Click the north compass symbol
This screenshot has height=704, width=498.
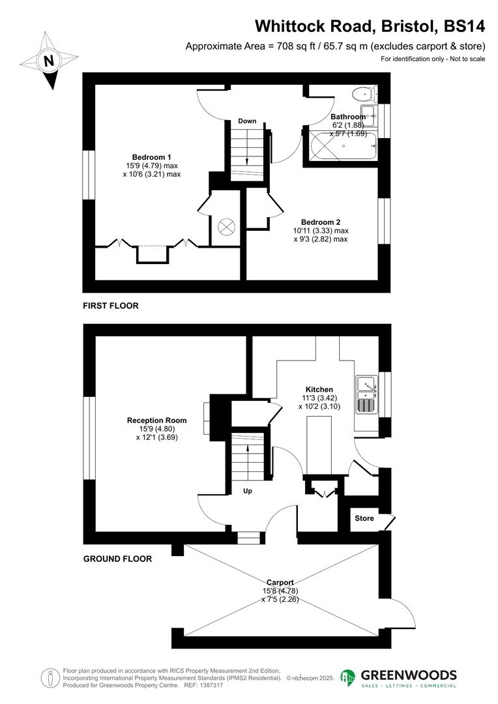48,63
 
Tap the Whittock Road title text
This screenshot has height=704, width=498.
370,26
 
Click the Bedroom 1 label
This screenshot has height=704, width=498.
152,157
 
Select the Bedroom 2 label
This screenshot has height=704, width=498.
321,222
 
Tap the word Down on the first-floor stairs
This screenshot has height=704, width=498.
247,121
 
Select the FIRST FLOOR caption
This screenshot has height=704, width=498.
111,305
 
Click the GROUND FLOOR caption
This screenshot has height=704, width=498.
117,559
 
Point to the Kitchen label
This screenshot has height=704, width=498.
317,389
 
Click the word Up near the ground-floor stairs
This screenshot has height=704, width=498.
248,491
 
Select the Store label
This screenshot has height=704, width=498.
364,518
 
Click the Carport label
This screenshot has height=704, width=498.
280,582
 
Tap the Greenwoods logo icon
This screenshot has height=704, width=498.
348,678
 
